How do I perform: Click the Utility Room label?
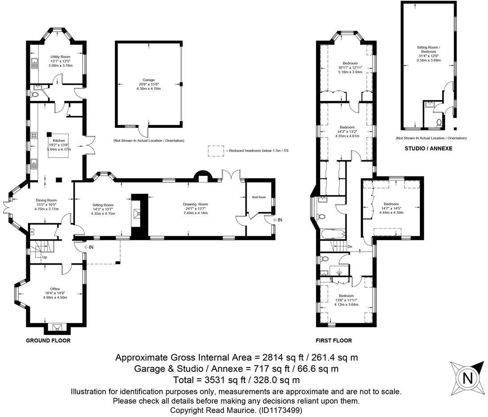click(60, 57)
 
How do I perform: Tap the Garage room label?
click(149, 80)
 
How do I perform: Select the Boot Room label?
click(259, 197)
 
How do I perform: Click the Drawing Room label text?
click(195, 204)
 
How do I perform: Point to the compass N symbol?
click(468, 379)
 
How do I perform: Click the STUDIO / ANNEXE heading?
click(428, 148)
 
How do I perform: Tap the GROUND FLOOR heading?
click(49, 340)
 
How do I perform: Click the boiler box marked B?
click(32, 232)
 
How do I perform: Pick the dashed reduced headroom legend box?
click(216, 151)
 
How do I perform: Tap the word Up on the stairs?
click(44, 258)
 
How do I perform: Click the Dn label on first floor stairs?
click(350, 246)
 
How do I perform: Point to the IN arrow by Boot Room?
click(279, 220)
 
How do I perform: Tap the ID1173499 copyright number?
click(281, 410)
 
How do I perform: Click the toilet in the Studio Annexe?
click(439, 122)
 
